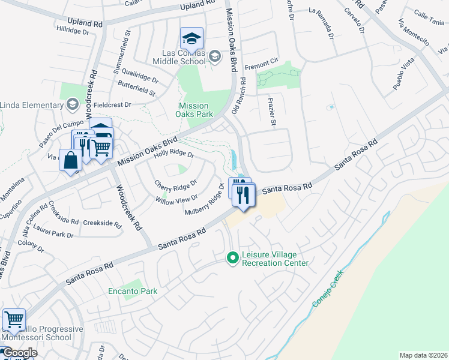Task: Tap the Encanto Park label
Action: (x=133, y=292)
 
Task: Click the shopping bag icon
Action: (x=70, y=161)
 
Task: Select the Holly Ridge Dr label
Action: (x=174, y=154)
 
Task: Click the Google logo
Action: (x=19, y=353)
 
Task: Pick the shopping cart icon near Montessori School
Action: (x=14, y=319)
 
